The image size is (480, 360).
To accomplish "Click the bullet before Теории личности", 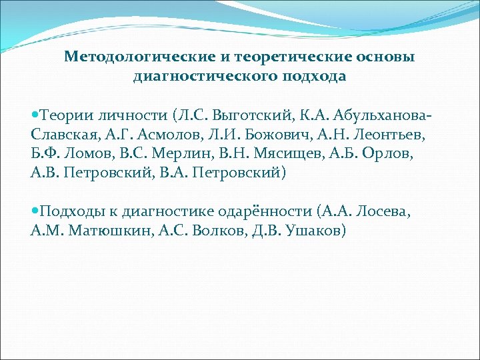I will pyautogui.click(x=34, y=117).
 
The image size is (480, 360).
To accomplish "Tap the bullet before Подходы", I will pyautogui.click(x=34, y=212).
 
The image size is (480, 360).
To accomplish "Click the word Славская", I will pyautogui.click(x=61, y=136).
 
